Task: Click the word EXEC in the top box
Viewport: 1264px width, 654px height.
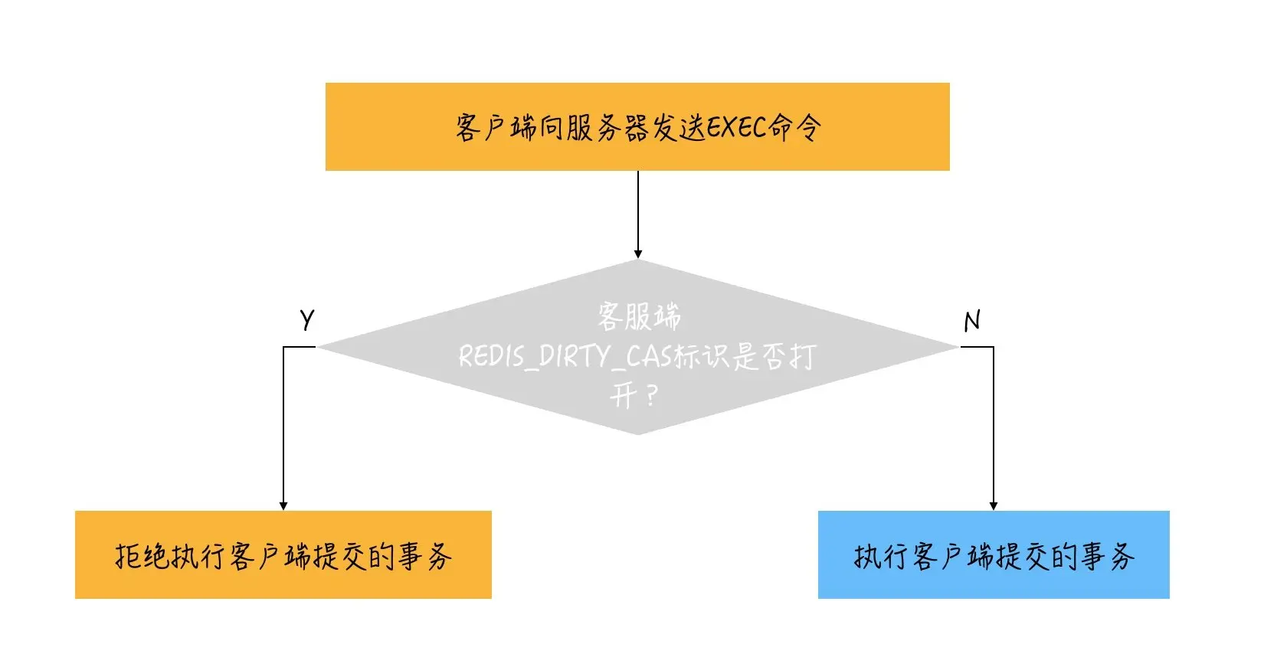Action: click(x=736, y=127)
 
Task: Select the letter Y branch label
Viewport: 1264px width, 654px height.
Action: click(x=307, y=319)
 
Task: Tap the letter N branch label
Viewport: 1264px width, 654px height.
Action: click(x=972, y=320)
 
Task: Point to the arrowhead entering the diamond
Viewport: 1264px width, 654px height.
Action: click(x=638, y=254)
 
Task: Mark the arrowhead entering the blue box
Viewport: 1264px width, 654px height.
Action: click(x=994, y=506)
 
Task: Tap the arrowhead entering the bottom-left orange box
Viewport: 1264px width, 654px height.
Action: click(x=283, y=506)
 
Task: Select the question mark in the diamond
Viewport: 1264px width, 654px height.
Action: click(x=651, y=397)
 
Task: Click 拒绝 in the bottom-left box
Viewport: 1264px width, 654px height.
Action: click(x=141, y=556)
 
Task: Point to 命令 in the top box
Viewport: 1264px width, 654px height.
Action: click(x=796, y=127)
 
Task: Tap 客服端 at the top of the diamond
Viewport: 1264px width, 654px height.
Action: click(x=639, y=316)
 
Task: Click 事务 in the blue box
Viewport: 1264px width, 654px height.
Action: click(x=1107, y=556)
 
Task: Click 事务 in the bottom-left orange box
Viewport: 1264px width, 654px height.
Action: click(x=424, y=556)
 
